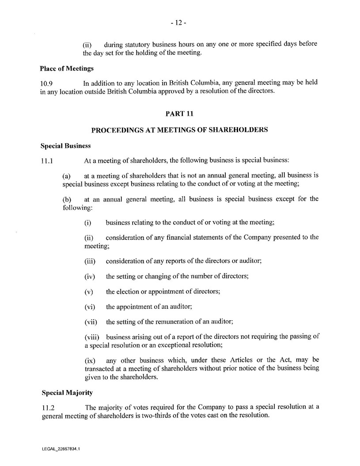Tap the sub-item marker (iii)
(x=91, y=261)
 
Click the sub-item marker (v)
(x=89, y=292)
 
